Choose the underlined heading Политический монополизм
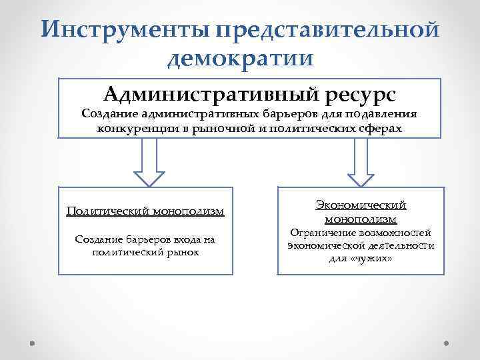tap(145, 211)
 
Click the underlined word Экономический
tap(361, 205)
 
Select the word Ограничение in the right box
tap(319, 233)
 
